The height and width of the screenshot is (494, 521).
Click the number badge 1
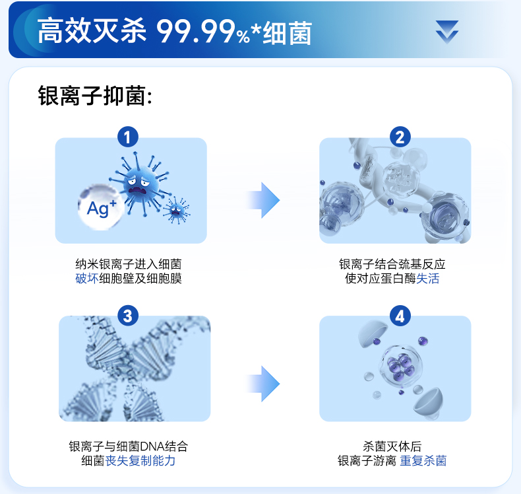pyautogui.click(x=127, y=137)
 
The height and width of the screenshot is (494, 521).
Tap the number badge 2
pyautogui.click(x=400, y=137)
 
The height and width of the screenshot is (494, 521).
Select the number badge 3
pyautogui.click(x=127, y=315)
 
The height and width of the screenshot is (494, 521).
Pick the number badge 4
pyautogui.click(x=400, y=315)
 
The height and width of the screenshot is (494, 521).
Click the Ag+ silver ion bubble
pyautogui.click(x=101, y=207)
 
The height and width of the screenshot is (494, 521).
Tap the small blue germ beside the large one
pyautogui.click(x=175, y=210)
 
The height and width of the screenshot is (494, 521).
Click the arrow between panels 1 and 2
pyautogui.click(x=264, y=200)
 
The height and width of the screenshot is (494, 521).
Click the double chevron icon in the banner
pyautogui.click(x=446, y=32)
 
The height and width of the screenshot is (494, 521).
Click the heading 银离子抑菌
pyautogui.click(x=95, y=96)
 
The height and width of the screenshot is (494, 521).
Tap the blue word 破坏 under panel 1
pyautogui.click(x=86, y=279)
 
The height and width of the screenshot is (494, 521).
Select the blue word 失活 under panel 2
pyautogui.click(x=427, y=279)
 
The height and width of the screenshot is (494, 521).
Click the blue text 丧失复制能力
pyautogui.click(x=140, y=460)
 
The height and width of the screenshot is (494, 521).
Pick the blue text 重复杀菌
pyautogui.click(x=423, y=460)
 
